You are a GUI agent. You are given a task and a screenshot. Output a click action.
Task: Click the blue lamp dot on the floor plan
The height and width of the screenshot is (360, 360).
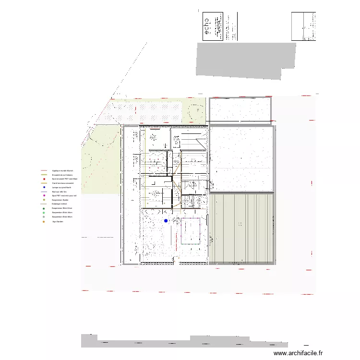(x=166, y=221)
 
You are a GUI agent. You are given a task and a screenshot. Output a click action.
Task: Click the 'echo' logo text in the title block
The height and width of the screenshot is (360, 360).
(x=207, y=26)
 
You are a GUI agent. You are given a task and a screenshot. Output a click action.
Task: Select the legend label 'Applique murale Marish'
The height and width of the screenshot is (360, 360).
(x=62, y=171)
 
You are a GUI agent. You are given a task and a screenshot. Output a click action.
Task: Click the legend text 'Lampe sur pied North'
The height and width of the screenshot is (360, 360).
(x=61, y=187)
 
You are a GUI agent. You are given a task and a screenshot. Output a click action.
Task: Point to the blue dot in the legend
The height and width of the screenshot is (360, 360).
(x=44, y=187)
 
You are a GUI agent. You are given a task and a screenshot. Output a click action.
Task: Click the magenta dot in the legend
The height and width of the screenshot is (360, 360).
(x=44, y=196)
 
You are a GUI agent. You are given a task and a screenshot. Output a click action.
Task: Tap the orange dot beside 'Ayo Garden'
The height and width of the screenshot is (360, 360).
(x=44, y=221)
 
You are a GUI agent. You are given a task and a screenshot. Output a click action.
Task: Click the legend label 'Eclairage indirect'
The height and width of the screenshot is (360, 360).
(x=60, y=204)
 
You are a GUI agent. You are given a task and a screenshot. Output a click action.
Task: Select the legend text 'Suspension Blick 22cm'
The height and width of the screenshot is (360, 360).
(x=62, y=208)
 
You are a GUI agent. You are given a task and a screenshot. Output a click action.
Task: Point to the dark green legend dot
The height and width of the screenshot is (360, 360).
(x=44, y=208)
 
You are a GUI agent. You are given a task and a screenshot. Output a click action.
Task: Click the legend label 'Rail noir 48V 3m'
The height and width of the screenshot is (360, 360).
(x=60, y=192)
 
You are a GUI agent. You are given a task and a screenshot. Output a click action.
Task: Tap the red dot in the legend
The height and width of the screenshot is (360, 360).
(x=44, y=179)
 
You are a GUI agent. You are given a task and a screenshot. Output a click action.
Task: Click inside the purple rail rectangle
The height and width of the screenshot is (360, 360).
(x=190, y=231)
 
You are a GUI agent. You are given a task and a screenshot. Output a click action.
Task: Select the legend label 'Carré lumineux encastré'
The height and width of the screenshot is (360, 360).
(x=63, y=183)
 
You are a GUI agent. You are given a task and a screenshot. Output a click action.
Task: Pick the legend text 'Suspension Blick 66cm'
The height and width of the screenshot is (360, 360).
(x=62, y=217)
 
